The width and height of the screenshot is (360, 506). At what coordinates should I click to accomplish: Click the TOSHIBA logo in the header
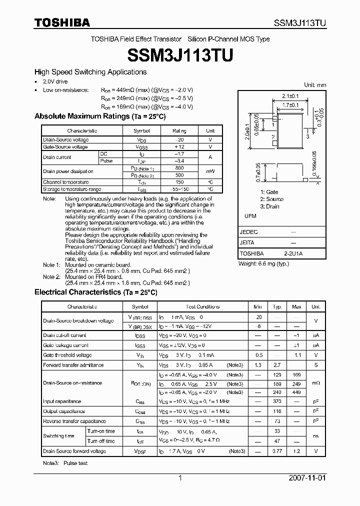click(x=62, y=22)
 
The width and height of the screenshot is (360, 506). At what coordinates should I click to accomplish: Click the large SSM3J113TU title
click(x=179, y=56)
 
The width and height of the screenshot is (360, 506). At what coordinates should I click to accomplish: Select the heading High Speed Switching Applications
click(x=90, y=72)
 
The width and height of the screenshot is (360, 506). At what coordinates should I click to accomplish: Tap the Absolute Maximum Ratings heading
click(x=99, y=116)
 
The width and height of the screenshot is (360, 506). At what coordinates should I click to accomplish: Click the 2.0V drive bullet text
click(x=55, y=81)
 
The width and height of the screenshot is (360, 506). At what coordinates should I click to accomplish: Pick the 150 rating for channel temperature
click(x=179, y=182)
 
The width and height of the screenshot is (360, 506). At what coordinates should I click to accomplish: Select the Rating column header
click(x=179, y=130)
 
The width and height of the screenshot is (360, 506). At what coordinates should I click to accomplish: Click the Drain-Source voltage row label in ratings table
click(x=65, y=140)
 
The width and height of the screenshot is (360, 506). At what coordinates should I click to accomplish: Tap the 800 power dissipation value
click(x=179, y=168)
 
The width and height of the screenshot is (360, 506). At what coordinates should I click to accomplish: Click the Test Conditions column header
click(x=202, y=306)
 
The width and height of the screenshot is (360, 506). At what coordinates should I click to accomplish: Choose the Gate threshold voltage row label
click(x=67, y=355)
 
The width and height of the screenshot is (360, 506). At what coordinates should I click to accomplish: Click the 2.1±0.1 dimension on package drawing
click(x=290, y=95)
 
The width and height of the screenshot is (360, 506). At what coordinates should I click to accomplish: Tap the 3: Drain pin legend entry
click(x=269, y=206)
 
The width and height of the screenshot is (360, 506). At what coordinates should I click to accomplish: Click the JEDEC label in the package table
click(x=249, y=232)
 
